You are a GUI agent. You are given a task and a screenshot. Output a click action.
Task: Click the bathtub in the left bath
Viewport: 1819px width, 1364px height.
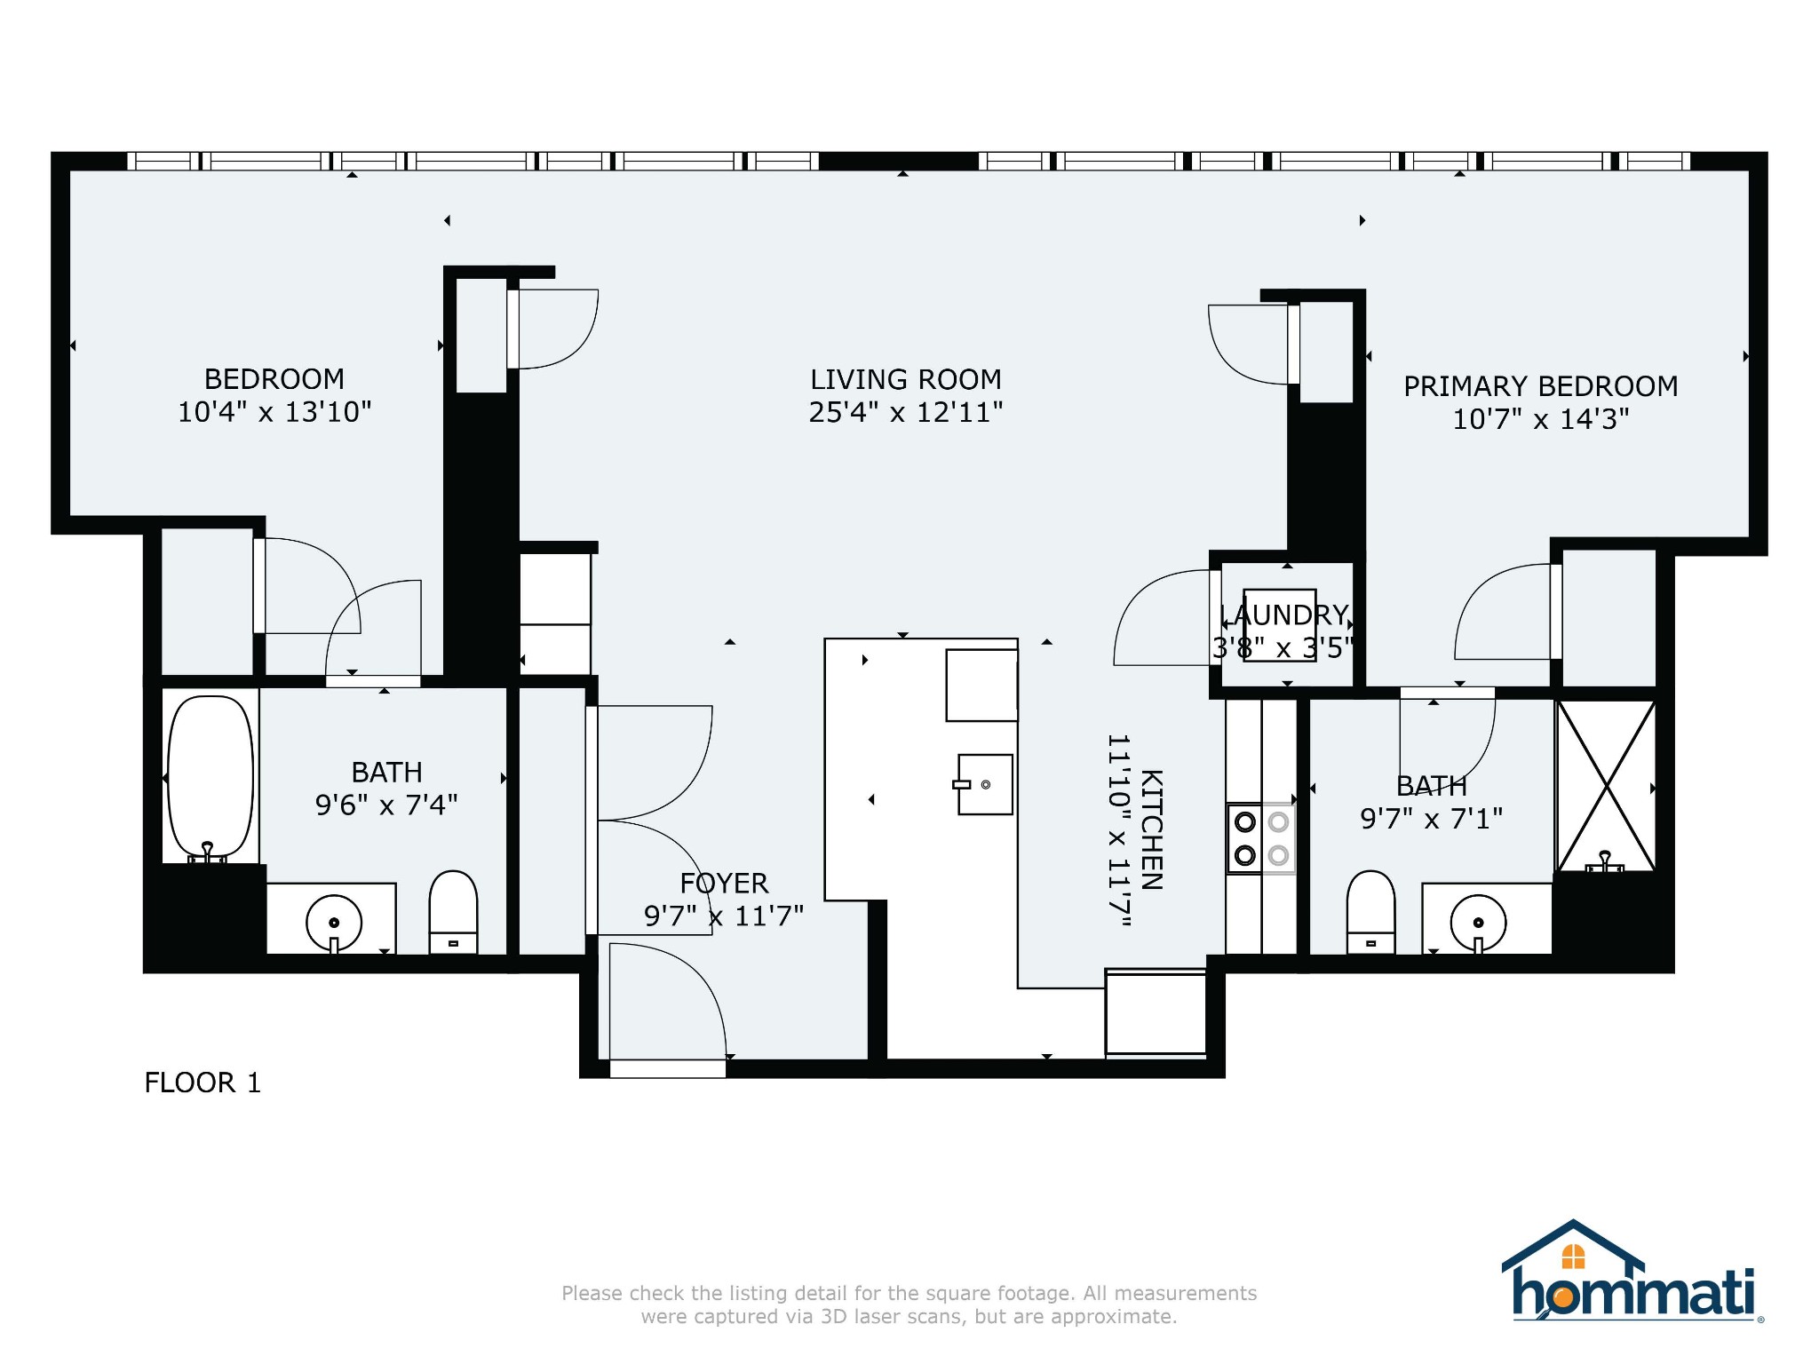click(210, 778)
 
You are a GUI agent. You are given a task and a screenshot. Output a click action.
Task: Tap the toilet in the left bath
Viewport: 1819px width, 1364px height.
click(453, 912)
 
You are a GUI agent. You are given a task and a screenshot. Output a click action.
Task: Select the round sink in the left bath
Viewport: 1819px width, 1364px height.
click(334, 924)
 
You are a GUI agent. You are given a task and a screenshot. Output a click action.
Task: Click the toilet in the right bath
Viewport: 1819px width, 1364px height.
click(1370, 912)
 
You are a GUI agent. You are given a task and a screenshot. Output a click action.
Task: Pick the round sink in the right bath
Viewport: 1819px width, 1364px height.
click(1478, 924)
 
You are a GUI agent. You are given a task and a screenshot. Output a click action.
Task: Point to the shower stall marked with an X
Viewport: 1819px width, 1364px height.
click(1606, 786)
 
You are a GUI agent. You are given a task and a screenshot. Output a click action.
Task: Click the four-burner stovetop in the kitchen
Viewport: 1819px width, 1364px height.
click(1261, 838)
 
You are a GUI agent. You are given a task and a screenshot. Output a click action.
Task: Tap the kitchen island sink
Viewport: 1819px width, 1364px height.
click(984, 784)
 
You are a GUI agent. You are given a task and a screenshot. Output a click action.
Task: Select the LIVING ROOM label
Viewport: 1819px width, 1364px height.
click(906, 379)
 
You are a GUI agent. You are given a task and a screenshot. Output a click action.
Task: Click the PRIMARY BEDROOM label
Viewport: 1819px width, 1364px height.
click(1541, 386)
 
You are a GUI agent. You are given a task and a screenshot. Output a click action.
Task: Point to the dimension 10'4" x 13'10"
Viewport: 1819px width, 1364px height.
click(274, 412)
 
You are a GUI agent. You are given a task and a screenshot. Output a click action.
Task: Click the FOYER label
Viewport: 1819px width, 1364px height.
click(724, 883)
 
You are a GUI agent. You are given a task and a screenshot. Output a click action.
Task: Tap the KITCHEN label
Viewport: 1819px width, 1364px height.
click(1151, 829)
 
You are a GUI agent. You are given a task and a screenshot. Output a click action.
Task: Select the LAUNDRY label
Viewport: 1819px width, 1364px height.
click(1283, 615)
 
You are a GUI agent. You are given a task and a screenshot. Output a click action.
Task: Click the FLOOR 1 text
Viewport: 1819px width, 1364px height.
click(203, 1082)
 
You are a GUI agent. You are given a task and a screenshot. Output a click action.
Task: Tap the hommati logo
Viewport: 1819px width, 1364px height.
click(1632, 1272)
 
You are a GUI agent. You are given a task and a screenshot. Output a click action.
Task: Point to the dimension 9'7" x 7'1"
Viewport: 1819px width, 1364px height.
click(1432, 818)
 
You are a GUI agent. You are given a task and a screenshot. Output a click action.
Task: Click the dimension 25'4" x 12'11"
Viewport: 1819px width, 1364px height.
click(906, 412)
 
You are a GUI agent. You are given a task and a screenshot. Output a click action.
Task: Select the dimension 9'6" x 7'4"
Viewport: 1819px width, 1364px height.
click(386, 805)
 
